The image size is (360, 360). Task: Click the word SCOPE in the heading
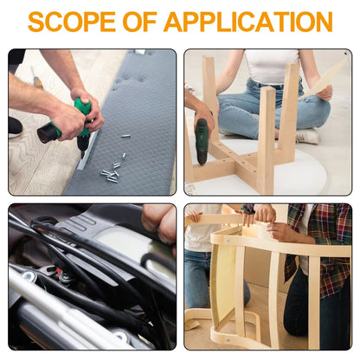point(72,22)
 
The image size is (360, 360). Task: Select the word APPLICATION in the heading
point(248,22)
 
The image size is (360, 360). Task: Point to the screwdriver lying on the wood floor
point(37,79)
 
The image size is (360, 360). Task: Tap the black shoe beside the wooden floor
point(15,127)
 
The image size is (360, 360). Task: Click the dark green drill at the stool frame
point(202,141)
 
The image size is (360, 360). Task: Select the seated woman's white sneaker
point(308,137)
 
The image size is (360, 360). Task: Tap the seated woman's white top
point(272,67)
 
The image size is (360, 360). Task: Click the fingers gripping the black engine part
point(159,223)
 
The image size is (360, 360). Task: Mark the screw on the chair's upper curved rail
point(228,240)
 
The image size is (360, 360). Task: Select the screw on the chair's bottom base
point(228,340)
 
